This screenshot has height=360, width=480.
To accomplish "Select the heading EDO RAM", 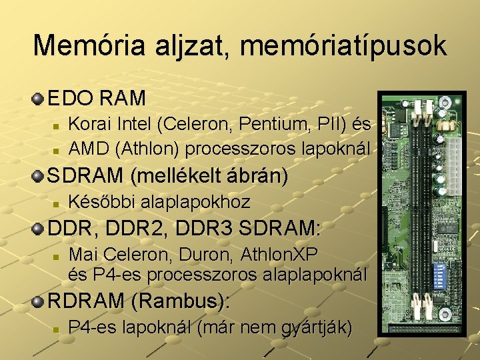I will (97, 99).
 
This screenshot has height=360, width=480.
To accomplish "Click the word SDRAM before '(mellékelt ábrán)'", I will (86, 176).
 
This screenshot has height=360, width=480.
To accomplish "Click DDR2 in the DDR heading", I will (134, 229).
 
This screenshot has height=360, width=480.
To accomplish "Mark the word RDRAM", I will (86, 301).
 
